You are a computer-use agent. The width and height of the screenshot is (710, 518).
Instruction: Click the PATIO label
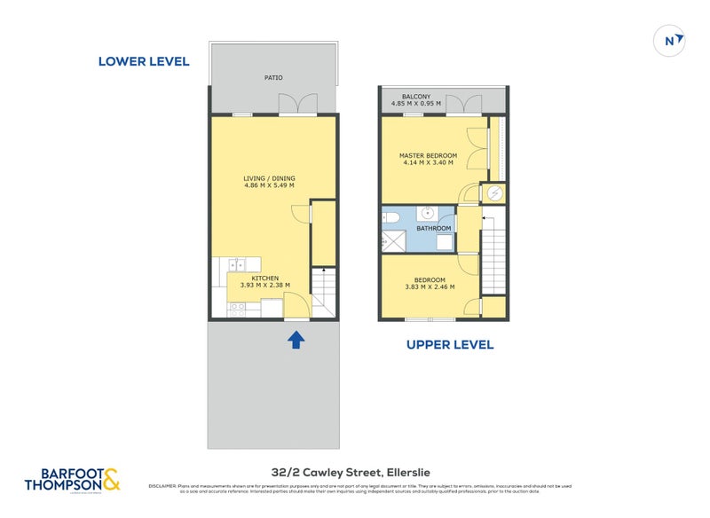tap(273, 78)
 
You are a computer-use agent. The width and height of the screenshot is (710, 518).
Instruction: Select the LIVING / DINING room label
tap(269, 178)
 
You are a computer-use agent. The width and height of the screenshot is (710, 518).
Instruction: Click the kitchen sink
tap(236, 263)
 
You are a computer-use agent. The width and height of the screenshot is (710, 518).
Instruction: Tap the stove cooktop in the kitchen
tap(238, 310)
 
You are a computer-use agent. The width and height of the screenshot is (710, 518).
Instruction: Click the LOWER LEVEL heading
tap(143, 61)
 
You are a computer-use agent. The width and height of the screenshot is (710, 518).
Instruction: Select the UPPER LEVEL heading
tap(449, 344)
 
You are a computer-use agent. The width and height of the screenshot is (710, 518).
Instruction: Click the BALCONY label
tap(416, 97)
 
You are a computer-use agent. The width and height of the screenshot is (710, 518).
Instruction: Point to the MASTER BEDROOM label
tap(428, 155)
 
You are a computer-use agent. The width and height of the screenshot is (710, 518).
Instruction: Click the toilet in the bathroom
tap(390, 218)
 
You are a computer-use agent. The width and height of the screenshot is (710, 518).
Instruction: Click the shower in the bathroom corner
tap(391, 240)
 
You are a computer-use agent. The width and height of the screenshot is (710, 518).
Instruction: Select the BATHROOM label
tap(434, 228)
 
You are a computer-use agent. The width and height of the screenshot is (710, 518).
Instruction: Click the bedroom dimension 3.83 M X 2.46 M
tap(430, 286)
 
